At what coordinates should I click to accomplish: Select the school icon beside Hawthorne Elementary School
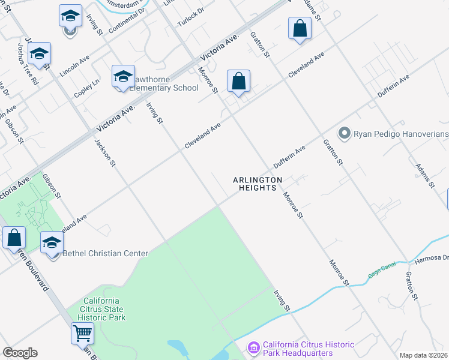(x=122, y=77)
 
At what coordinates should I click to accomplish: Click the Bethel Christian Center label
(x=105, y=253)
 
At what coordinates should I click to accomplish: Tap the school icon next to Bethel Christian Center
(x=52, y=244)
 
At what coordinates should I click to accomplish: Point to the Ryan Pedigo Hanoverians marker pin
(x=344, y=133)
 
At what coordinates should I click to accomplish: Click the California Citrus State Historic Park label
(x=105, y=309)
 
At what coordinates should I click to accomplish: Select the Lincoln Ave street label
(x=74, y=67)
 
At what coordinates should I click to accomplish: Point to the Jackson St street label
(x=104, y=154)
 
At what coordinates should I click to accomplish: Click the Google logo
(x=20, y=353)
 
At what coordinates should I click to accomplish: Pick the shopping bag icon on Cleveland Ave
(x=238, y=81)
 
